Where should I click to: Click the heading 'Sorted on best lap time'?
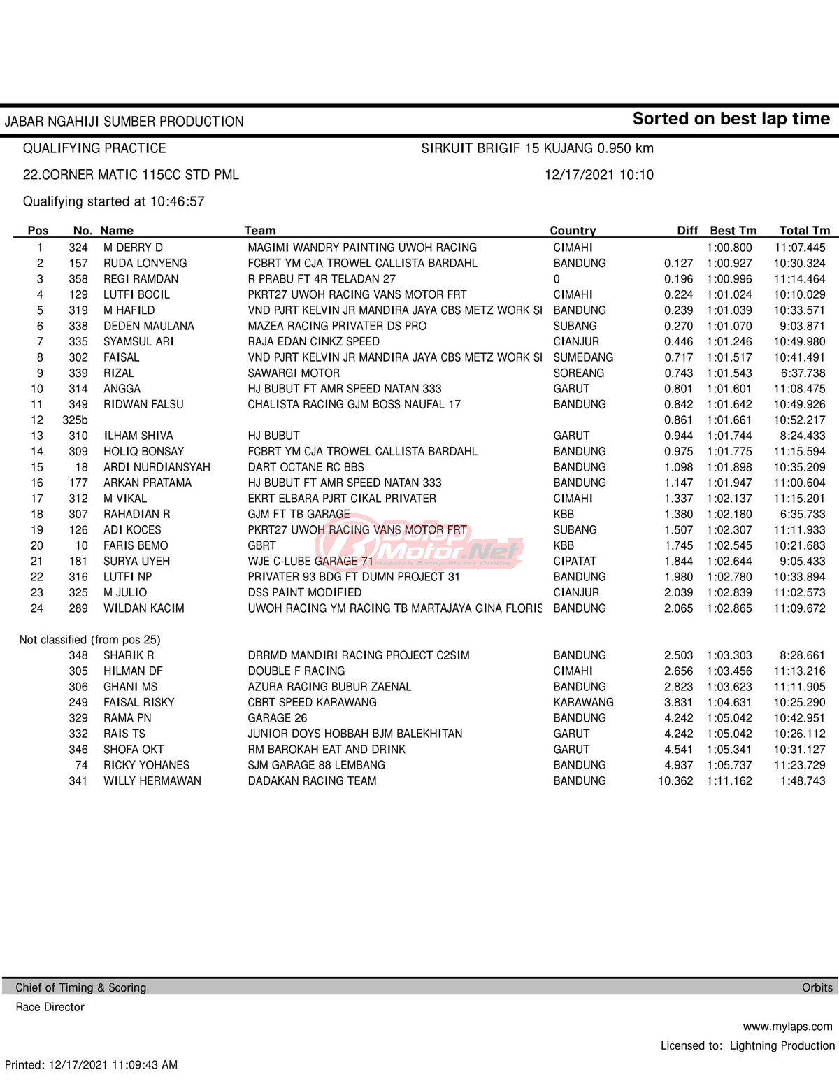pyautogui.click(x=731, y=119)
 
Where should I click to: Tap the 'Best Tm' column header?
pyautogui.click(x=733, y=231)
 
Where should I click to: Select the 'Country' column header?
pyautogui.click(x=573, y=231)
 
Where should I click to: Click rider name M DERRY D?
pyautogui.click(x=133, y=248)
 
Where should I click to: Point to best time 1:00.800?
pyautogui.click(x=729, y=248)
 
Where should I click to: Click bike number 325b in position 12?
pyautogui.click(x=75, y=420)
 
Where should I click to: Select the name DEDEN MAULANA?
pyautogui.click(x=149, y=326)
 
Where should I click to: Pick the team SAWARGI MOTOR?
pyautogui.click(x=294, y=373)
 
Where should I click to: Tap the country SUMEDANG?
pyautogui.click(x=583, y=357)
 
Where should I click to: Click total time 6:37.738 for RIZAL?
pyautogui.click(x=803, y=373)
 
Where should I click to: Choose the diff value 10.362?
pyautogui.click(x=675, y=781)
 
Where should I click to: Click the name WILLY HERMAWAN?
pyautogui.click(x=152, y=781)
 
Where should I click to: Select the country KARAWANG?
pyautogui.click(x=583, y=703)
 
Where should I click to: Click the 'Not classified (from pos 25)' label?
pyautogui.click(x=90, y=640)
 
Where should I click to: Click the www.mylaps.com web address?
pyautogui.click(x=787, y=1027)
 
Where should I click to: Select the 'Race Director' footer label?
pyautogui.click(x=50, y=1007)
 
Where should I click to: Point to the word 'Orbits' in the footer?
pyautogui.click(x=817, y=987)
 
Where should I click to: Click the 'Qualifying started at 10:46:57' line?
pyautogui.click(x=114, y=201)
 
